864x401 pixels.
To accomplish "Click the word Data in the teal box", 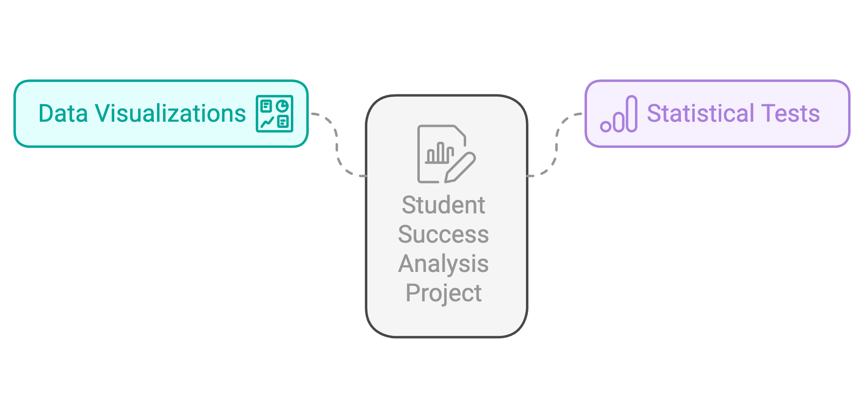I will point(63,114).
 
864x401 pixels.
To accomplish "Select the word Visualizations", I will point(170,114).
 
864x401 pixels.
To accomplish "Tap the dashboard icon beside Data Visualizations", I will point(275,114).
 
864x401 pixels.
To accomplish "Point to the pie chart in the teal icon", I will point(282,106).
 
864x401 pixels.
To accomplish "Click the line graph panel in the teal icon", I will point(267,122).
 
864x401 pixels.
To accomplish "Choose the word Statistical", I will point(700,114).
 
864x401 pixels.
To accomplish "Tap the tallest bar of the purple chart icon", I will point(631,114).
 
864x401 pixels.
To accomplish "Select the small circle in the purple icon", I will point(606,126).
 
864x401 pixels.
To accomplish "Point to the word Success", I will point(443,234).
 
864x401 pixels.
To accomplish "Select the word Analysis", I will point(443,264).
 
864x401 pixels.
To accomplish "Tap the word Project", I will point(443,294).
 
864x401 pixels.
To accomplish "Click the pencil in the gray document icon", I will point(460,167).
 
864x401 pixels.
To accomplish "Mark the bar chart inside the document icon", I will point(439,154).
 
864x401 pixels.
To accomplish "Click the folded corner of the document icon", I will point(460,132).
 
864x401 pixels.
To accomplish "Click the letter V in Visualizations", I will point(103,114).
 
